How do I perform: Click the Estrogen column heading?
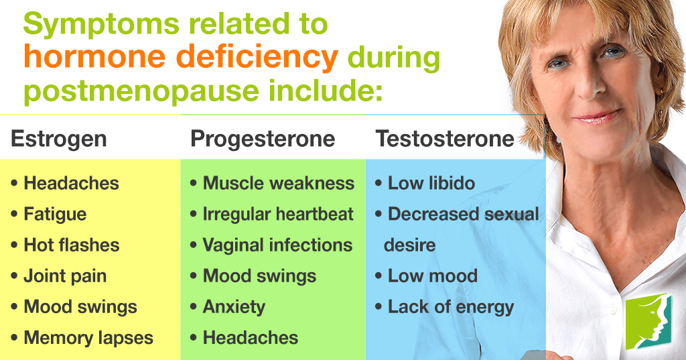(x=59, y=139)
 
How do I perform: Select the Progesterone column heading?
(x=263, y=139)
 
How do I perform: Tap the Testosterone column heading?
(x=445, y=139)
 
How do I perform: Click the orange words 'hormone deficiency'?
(x=181, y=57)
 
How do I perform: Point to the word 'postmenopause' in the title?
(x=142, y=91)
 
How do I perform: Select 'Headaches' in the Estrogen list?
(x=71, y=183)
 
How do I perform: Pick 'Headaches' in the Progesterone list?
(x=251, y=338)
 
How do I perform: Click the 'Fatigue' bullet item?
(x=55, y=215)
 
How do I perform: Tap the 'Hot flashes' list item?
(x=71, y=245)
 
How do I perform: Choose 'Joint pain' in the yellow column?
(x=65, y=277)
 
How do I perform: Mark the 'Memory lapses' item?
(x=88, y=339)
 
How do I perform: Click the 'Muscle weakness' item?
(x=279, y=183)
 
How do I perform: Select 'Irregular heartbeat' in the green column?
(x=278, y=214)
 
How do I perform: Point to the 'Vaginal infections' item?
(x=277, y=245)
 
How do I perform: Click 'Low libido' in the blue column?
(x=431, y=183)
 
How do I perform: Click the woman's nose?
(x=588, y=88)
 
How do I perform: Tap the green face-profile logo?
(x=648, y=321)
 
